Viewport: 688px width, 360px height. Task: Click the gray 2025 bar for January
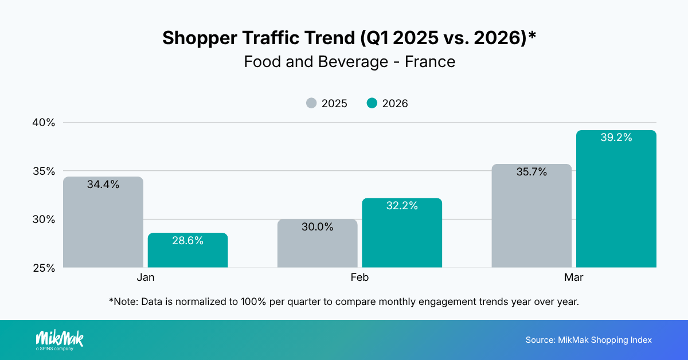coord(103,224)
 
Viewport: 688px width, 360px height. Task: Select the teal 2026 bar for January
coord(187,252)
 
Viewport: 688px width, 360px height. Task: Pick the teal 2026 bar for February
coord(402,235)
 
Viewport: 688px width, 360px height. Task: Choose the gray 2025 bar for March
coord(531,218)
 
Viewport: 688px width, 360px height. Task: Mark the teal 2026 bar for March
coord(616,201)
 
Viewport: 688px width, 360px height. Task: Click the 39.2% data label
coord(616,138)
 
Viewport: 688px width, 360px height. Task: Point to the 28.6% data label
coord(187,241)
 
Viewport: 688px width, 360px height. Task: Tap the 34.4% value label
coord(103,185)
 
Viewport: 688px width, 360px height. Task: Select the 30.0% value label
coord(317,227)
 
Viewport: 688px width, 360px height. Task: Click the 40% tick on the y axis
coord(43,123)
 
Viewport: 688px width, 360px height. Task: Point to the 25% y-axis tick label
coord(43,268)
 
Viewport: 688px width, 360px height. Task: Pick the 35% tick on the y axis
coord(43,171)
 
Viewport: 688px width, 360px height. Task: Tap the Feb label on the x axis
coord(359,277)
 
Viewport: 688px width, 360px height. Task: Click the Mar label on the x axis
coord(574,277)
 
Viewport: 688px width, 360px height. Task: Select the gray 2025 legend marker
coord(311,104)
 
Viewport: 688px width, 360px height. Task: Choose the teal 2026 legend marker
coord(372,104)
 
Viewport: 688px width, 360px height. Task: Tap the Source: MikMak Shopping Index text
coord(588,340)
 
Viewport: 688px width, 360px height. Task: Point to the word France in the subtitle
coord(430,61)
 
